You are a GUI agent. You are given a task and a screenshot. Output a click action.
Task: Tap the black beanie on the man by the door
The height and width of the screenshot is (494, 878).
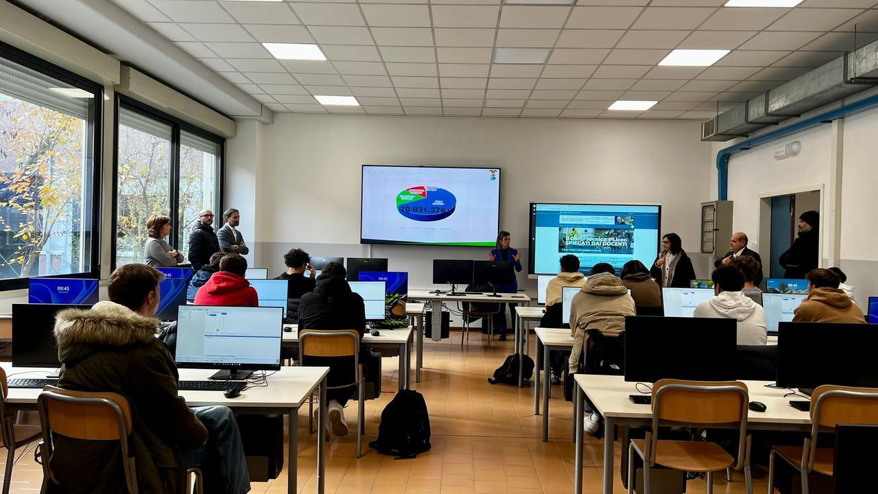[x=809, y=218]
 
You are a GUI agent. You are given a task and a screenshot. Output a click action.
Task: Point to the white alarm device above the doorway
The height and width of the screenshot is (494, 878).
[x=787, y=150]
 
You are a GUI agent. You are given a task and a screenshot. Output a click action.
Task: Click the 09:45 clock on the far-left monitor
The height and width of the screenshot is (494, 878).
[x=63, y=290]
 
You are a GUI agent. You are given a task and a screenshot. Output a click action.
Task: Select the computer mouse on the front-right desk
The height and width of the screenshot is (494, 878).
[x=757, y=406]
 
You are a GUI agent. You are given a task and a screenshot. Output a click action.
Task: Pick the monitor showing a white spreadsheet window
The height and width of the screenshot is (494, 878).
[x=228, y=338]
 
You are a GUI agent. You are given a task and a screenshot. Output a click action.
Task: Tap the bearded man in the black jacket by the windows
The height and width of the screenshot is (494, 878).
[x=203, y=240]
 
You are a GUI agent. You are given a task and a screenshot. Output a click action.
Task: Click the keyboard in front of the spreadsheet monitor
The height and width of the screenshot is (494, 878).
[x=209, y=386]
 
